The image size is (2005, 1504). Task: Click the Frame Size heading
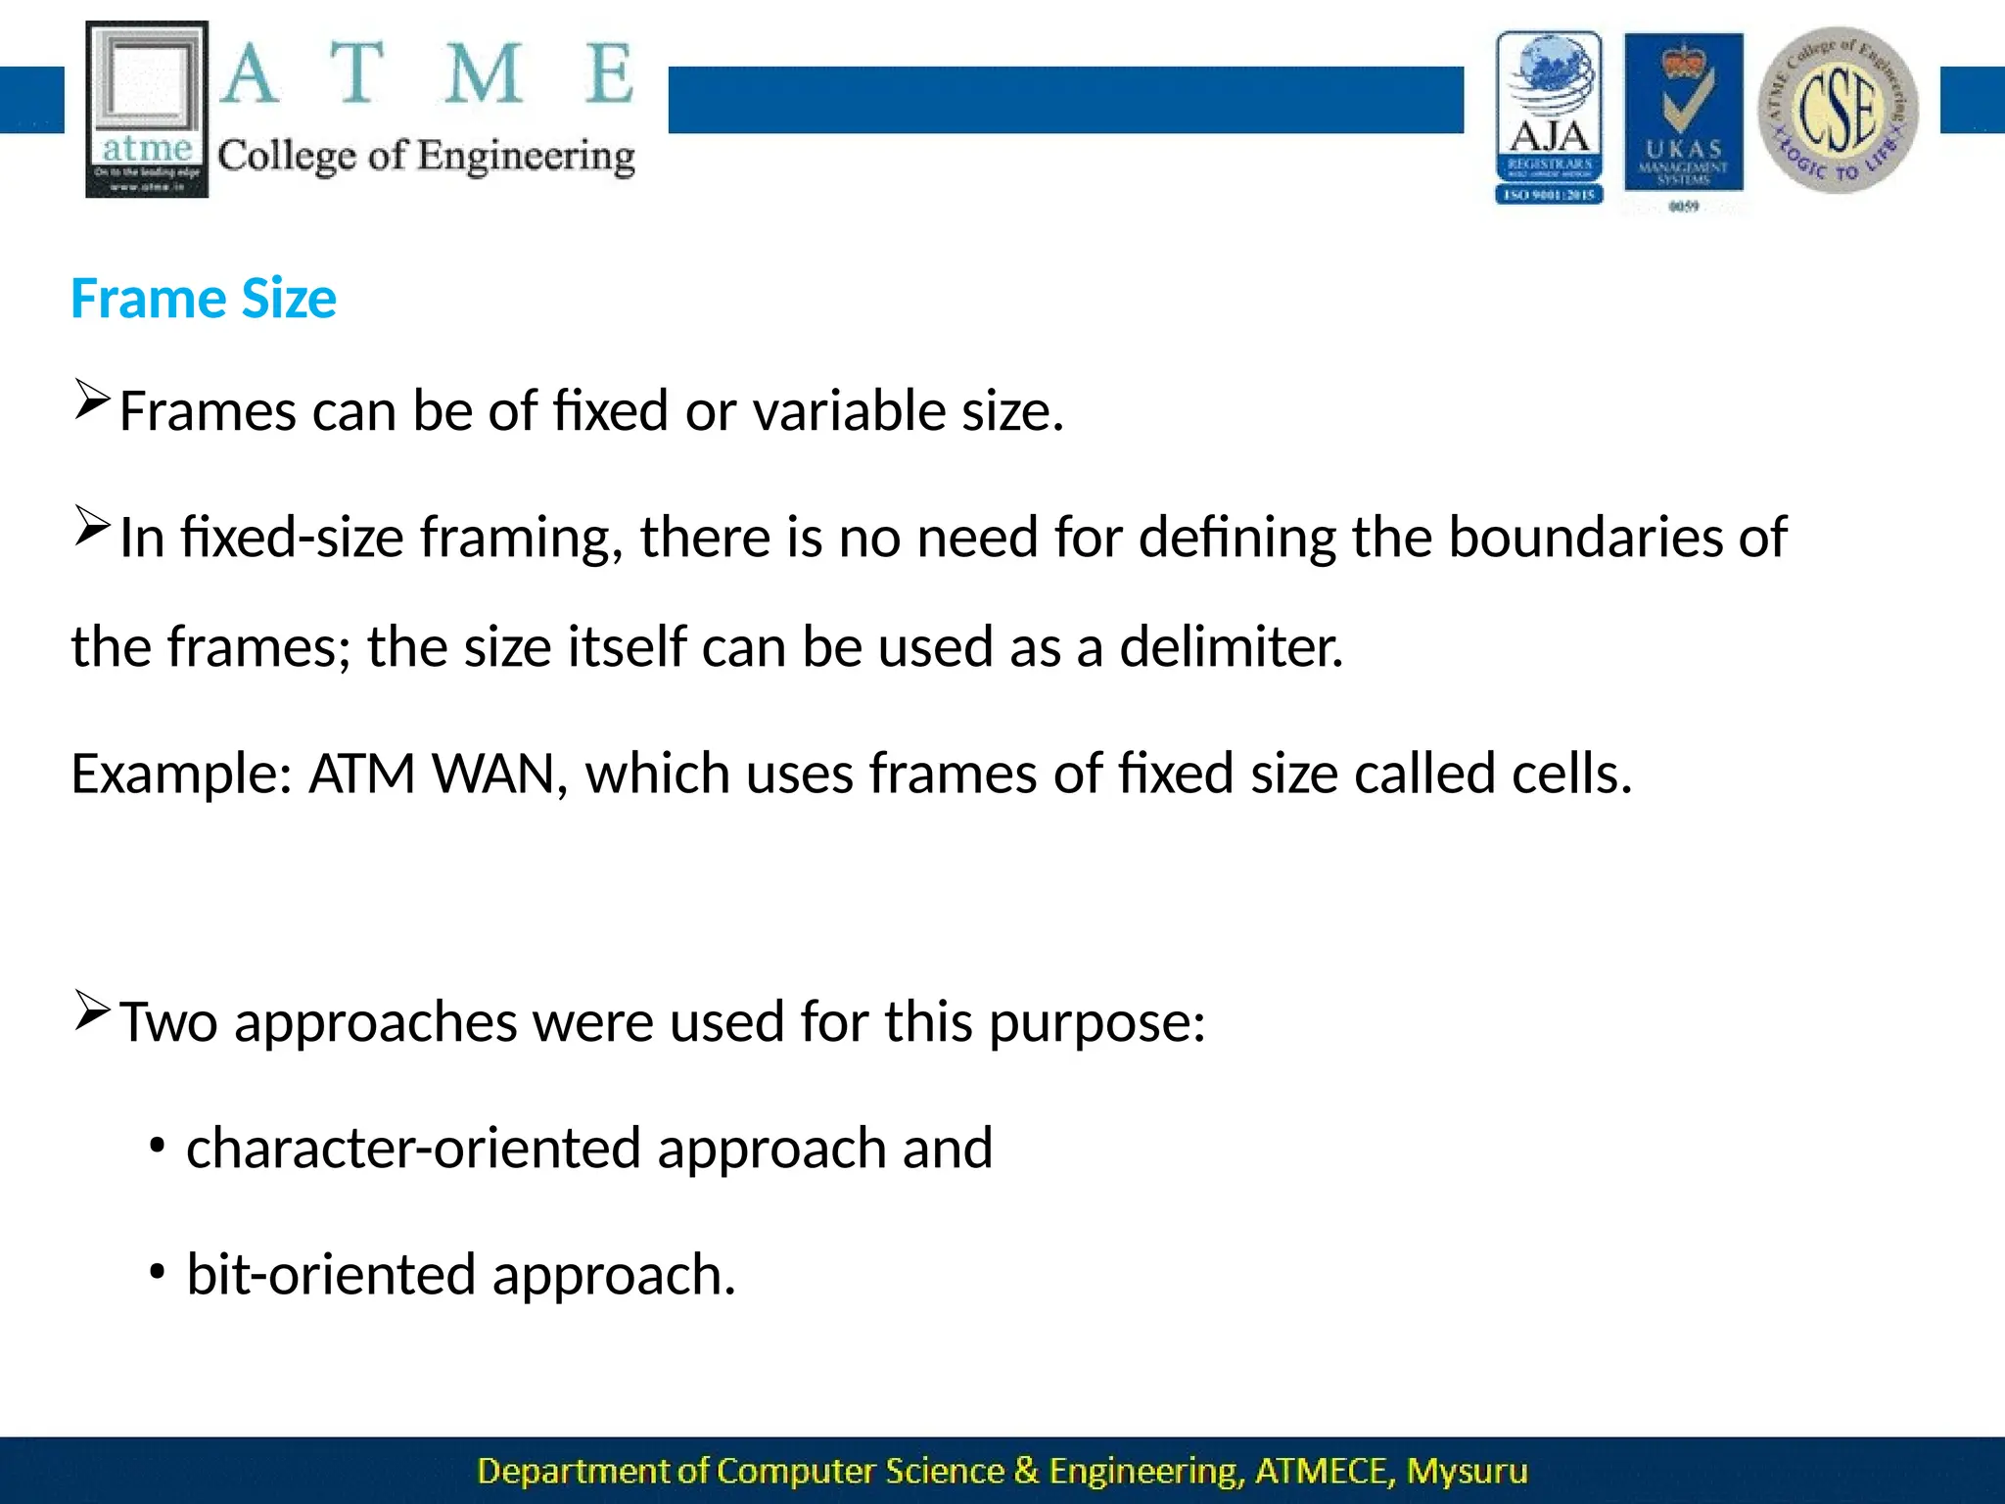coord(204,299)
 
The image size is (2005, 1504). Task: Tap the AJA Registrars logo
coord(1549,117)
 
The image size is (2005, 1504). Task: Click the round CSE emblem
coord(1838,110)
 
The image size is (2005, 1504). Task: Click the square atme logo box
coord(147,109)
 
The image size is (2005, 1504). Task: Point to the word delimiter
coord(1231,647)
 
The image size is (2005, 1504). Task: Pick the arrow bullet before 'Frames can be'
coord(91,400)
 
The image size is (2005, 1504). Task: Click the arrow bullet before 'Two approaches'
coord(91,1011)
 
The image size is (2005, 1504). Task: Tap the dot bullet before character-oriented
coord(157,1143)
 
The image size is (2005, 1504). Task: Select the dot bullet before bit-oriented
coord(157,1271)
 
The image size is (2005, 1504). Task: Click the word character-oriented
coord(412,1148)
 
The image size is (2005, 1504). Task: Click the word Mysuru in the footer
coord(1467,1471)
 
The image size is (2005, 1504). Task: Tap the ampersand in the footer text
coord(1026,1471)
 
